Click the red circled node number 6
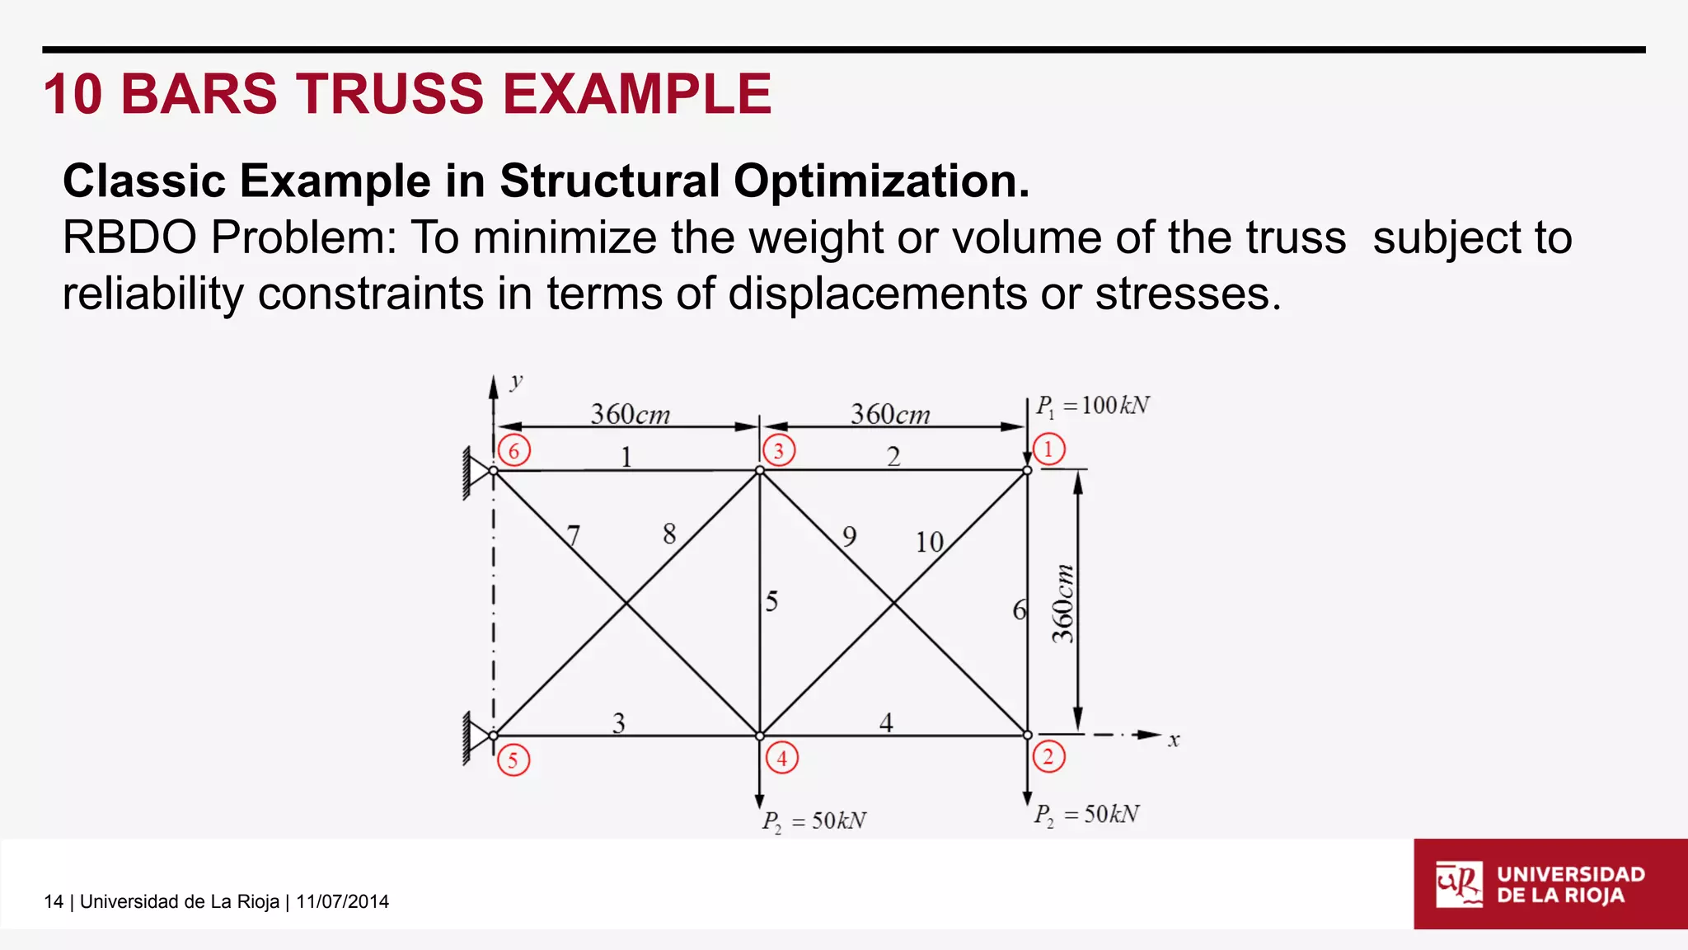[x=513, y=450]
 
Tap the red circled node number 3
[x=779, y=450]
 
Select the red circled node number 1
[x=1048, y=449]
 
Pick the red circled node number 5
[x=513, y=760]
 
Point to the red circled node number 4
[x=781, y=758]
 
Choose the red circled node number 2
[x=1048, y=756]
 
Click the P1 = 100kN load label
[x=1093, y=406]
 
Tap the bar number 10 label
[x=930, y=542]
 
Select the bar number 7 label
[x=574, y=537]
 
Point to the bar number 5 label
[x=771, y=601]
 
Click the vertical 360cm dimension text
[x=1063, y=604]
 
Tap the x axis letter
[x=1174, y=741]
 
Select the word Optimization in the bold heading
[x=881, y=181]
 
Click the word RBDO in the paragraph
[x=128, y=237]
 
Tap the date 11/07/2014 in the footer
[x=342, y=901]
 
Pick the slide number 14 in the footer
[x=54, y=901]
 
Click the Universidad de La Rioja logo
[x=1550, y=884]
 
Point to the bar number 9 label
[x=849, y=537]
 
